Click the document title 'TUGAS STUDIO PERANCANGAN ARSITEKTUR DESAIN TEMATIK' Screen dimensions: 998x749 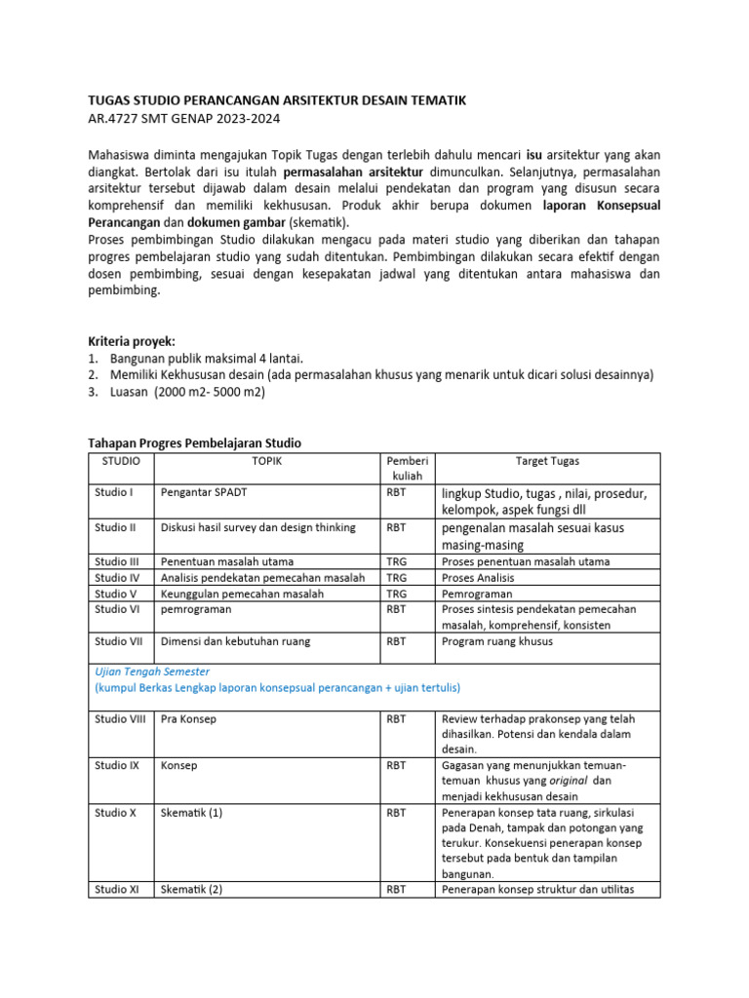277,100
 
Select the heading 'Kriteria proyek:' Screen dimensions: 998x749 132,341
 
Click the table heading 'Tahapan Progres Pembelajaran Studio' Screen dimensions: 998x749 195,443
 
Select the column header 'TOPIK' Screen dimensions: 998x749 267,461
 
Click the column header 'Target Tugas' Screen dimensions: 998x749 548,461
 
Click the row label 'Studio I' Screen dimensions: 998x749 114,492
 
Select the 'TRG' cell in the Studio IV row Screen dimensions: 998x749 396,578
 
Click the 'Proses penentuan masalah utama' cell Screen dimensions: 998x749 526,561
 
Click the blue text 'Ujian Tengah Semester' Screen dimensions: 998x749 152,672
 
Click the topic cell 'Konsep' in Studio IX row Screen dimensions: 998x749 179,765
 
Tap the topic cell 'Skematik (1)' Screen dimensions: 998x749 192,812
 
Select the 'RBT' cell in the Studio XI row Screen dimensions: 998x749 396,889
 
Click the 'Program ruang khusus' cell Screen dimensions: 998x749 496,641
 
